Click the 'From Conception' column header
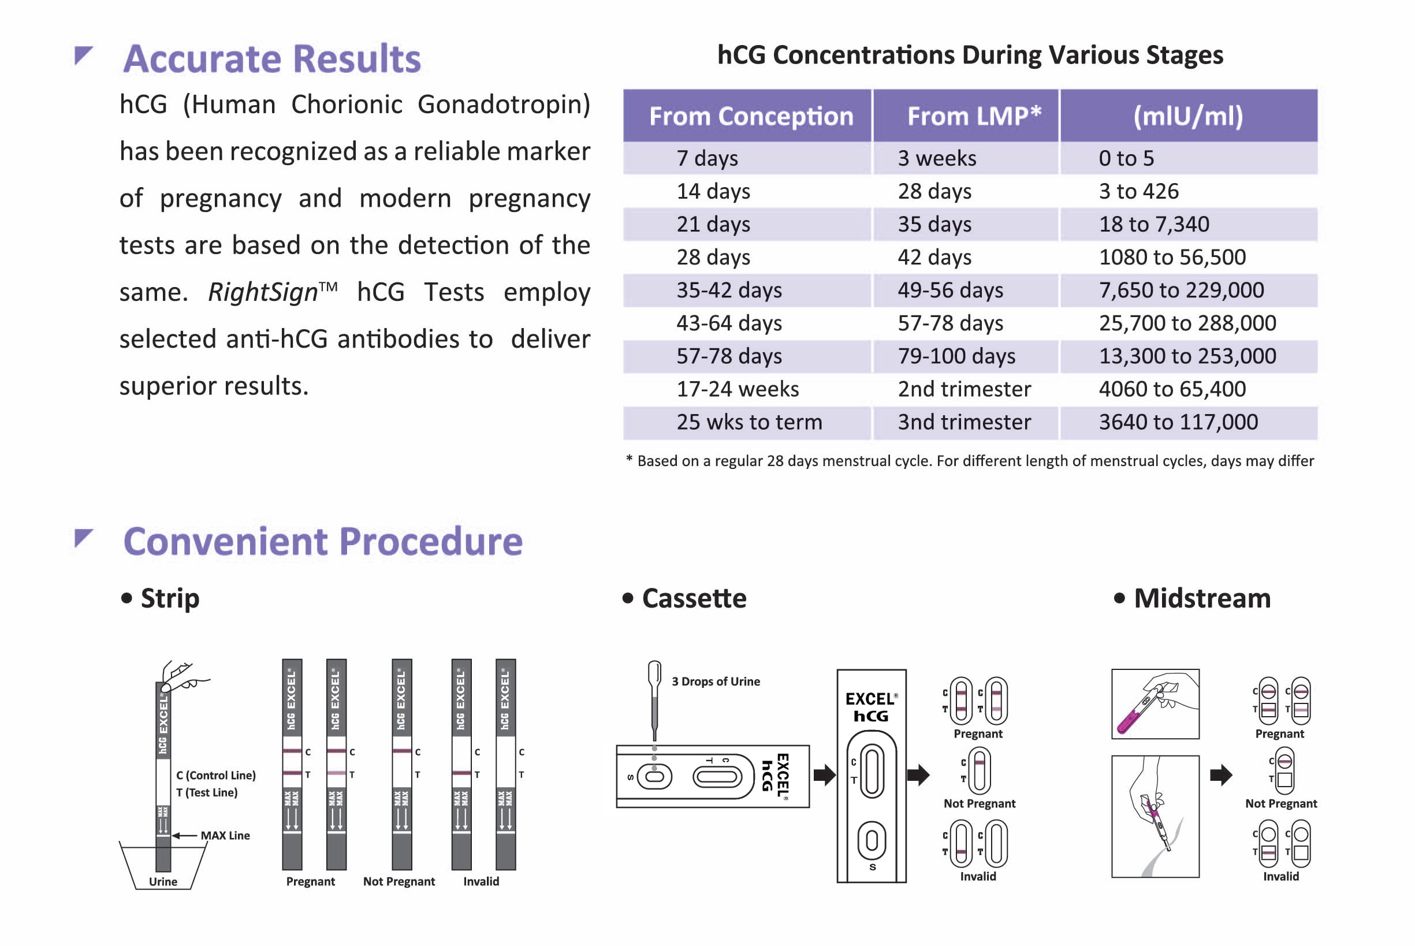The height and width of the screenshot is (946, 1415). [751, 116]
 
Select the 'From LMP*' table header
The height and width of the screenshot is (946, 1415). [974, 116]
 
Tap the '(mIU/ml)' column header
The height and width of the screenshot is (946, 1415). [1187, 116]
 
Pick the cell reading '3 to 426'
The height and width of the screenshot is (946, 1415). [1138, 191]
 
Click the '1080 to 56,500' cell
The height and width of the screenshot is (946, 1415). [1172, 258]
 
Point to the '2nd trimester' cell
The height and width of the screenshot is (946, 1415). [964, 389]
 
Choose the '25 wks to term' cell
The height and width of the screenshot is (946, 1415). [749, 422]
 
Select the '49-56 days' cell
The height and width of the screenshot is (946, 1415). [950, 290]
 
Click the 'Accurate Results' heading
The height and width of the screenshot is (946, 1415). [272, 58]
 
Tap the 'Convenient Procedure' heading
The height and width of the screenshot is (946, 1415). [323, 541]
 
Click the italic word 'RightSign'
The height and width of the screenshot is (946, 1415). [263, 292]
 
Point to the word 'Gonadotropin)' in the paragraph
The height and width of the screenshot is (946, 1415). [504, 105]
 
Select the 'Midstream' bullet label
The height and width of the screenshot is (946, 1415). [1201, 598]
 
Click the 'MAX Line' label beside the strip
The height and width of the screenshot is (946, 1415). [225, 836]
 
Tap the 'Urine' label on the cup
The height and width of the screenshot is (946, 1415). [163, 881]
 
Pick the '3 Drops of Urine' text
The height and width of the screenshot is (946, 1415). [716, 681]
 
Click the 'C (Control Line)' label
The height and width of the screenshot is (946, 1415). [216, 775]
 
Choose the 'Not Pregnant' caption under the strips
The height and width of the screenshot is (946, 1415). [399, 881]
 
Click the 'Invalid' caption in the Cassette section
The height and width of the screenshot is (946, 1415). [978, 876]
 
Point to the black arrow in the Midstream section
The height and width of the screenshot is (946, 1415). [1221, 774]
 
